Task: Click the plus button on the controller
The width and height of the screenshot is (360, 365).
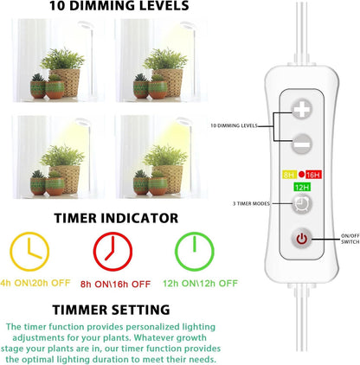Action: pos(302,109)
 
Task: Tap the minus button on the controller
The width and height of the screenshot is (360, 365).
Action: pos(302,144)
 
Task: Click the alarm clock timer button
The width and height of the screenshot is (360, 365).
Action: pos(302,204)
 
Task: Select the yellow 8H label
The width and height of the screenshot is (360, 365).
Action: pos(289,175)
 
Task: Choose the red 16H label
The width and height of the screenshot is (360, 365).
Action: pos(313,175)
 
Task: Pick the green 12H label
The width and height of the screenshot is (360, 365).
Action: pos(302,187)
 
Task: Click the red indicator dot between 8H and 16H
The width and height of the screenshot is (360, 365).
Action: pos(301,174)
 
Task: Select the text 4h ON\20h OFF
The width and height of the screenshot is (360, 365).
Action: pos(35,283)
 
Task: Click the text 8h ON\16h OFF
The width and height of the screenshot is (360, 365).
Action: pos(115,284)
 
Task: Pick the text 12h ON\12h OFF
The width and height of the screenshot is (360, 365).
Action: pos(200,284)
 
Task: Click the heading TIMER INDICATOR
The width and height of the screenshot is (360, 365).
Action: pos(116,218)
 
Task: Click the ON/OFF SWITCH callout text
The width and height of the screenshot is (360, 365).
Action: pos(350,239)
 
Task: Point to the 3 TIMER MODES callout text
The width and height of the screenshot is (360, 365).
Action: pos(251,203)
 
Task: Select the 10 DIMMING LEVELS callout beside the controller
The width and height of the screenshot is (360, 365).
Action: pos(234,125)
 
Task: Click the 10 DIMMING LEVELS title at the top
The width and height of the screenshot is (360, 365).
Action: pos(119,6)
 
